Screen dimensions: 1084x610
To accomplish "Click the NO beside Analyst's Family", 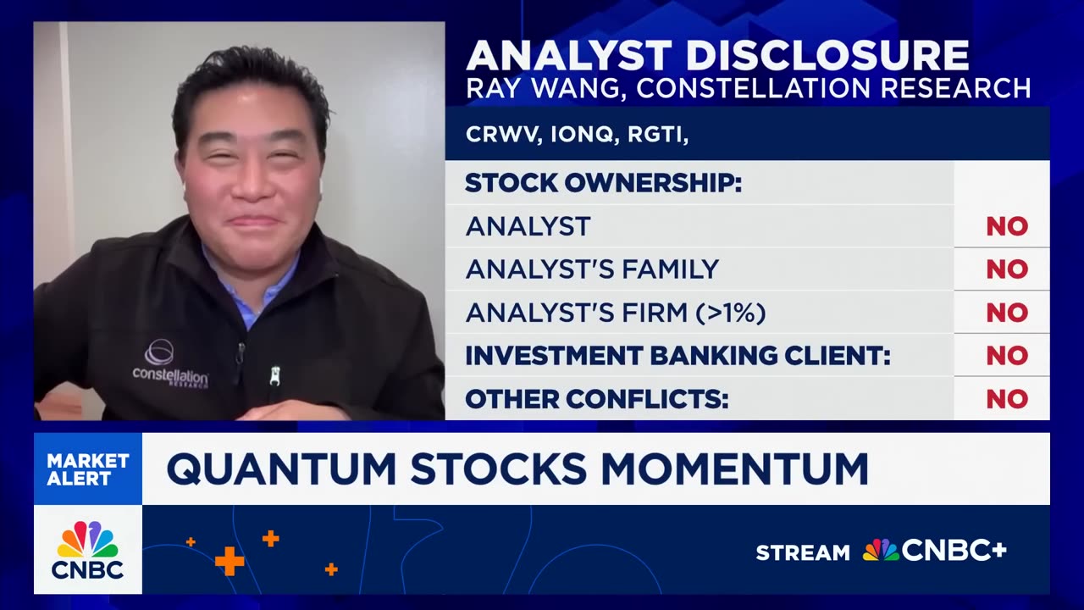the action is (1007, 269).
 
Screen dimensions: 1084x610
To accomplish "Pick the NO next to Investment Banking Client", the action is (1007, 356).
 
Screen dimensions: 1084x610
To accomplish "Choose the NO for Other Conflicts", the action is (1007, 399).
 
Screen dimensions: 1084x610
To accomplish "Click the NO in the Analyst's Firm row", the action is (1007, 313).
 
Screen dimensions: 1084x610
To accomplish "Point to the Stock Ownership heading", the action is (604, 183).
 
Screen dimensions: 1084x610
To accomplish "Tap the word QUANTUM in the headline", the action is (281, 469).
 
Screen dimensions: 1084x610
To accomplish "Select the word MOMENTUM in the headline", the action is (734, 469).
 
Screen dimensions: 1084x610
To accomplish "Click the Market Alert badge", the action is (88, 469).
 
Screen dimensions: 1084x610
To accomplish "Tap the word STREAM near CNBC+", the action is (803, 552).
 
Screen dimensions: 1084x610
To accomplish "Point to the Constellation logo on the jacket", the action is (170, 366).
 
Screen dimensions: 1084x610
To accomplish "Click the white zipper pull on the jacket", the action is (275, 376).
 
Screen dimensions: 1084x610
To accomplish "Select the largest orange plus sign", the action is (230, 562).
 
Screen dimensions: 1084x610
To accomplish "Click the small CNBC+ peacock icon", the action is (880, 551).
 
